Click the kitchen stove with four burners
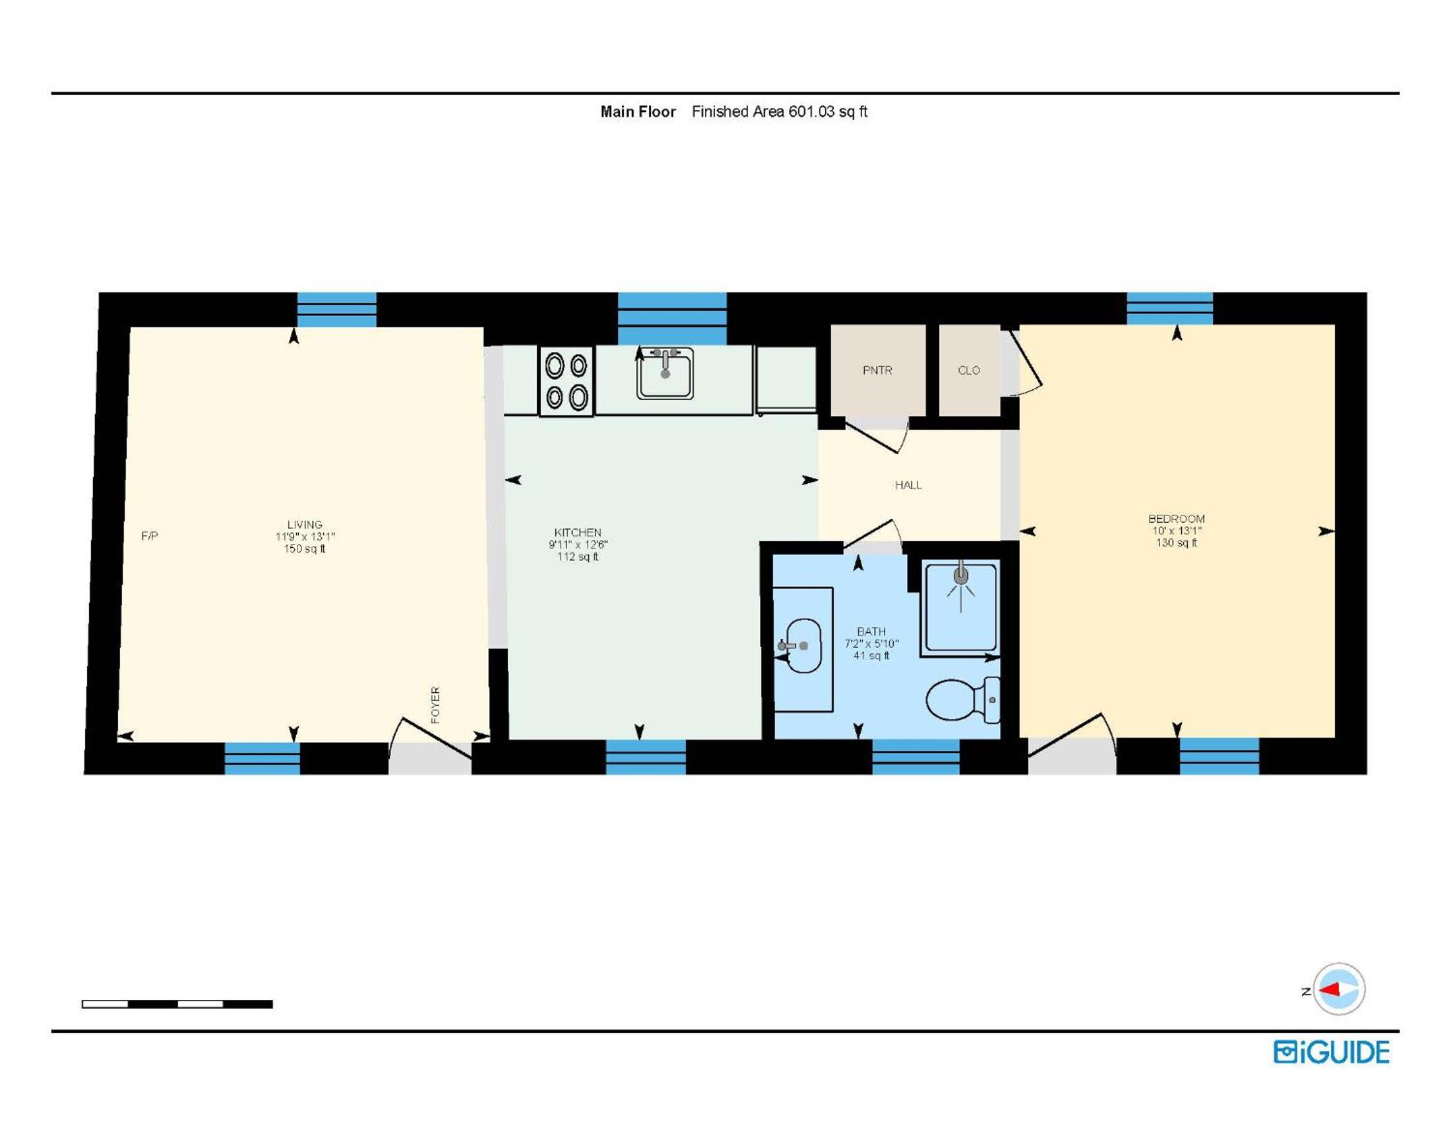(x=566, y=382)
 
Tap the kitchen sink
(x=664, y=374)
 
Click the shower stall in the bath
(x=961, y=607)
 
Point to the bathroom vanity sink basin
(x=803, y=645)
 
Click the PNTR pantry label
(x=877, y=370)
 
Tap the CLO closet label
(x=969, y=370)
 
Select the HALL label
(x=908, y=485)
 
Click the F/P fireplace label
(x=150, y=536)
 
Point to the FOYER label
(x=435, y=705)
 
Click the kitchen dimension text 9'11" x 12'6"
(x=578, y=544)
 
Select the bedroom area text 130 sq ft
(x=1177, y=543)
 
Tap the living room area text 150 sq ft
(x=305, y=548)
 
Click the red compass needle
(x=1330, y=991)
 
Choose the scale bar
(x=177, y=1005)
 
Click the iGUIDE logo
(x=1332, y=1052)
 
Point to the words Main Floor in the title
(x=638, y=112)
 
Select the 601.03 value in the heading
(x=811, y=112)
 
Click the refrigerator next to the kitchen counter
(x=786, y=379)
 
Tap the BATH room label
(x=871, y=632)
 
